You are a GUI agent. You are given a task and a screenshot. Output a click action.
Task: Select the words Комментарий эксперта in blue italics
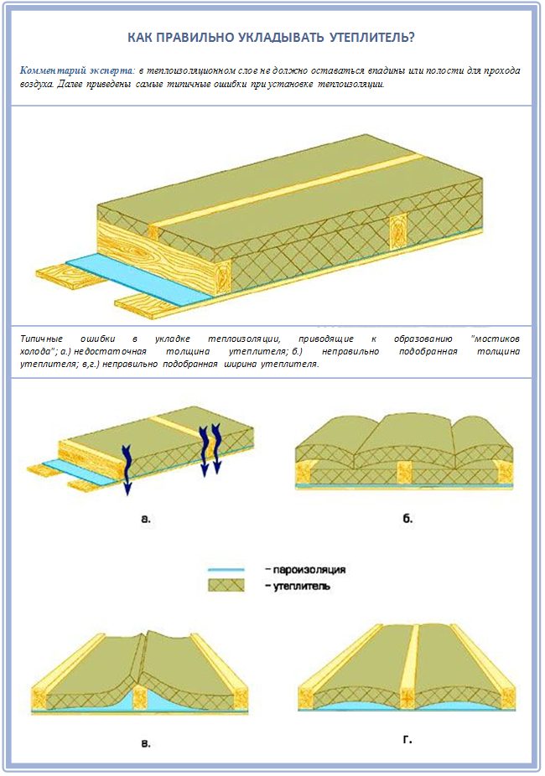coord(76,70)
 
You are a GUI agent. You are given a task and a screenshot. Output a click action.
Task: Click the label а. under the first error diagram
coord(146,519)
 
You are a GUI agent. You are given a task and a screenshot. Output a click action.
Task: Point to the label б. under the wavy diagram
coord(407,519)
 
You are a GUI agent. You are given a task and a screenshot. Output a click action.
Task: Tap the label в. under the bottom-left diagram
coord(146,743)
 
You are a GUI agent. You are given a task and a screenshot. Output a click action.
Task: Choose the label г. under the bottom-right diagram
coord(407,741)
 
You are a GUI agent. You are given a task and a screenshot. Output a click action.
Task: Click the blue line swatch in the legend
coord(226,570)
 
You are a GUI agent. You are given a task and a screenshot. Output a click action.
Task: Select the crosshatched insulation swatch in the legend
coord(226,586)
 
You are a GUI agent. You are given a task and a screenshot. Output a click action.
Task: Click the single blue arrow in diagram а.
coord(127,468)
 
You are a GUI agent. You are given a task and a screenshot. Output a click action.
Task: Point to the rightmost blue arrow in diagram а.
coord(216,448)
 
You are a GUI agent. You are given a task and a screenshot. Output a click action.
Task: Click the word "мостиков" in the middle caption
coord(496,339)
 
